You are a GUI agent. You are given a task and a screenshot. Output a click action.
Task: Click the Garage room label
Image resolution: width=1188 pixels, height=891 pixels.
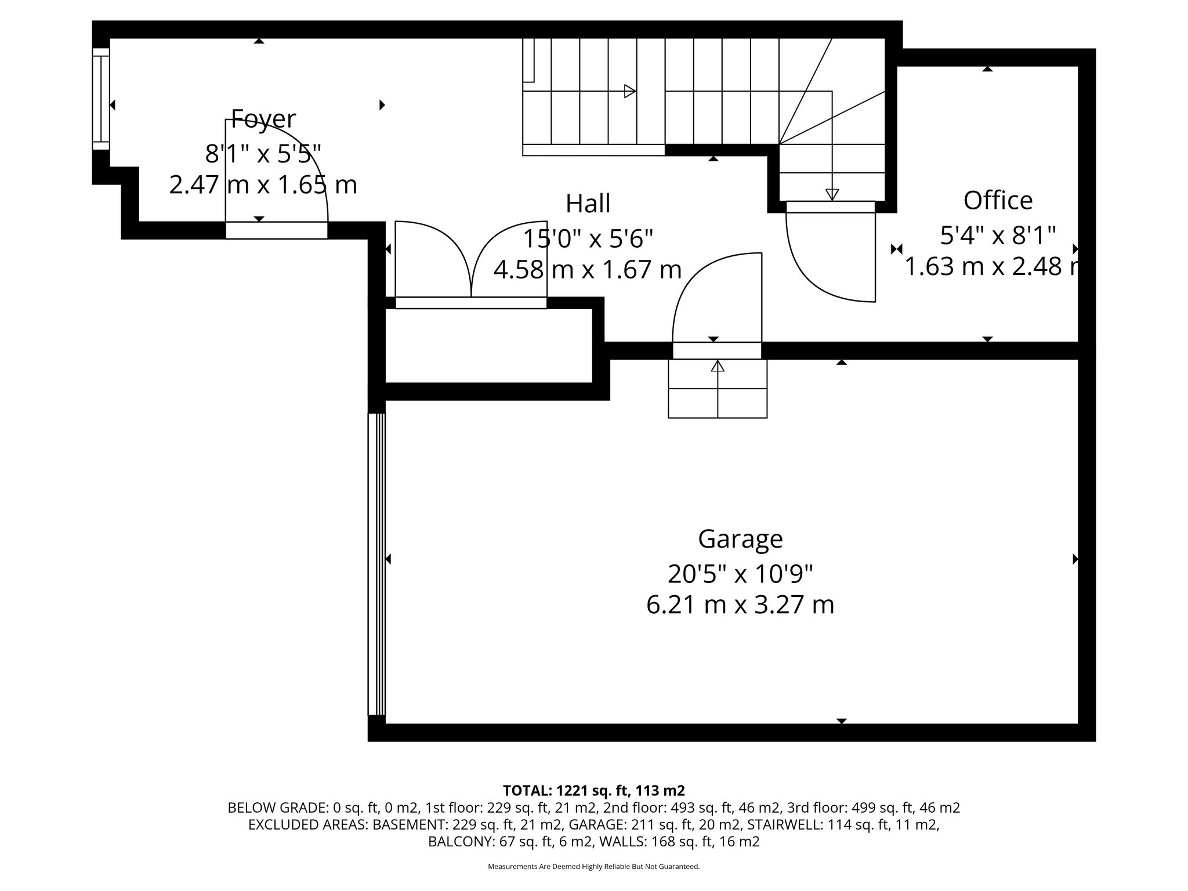click(740, 539)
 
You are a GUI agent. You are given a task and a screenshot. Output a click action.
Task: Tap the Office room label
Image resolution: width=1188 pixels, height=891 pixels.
click(998, 201)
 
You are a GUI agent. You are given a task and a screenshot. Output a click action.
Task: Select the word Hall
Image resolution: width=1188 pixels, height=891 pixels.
click(588, 204)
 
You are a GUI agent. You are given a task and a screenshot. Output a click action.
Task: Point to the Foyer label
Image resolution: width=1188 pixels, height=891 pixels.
click(263, 119)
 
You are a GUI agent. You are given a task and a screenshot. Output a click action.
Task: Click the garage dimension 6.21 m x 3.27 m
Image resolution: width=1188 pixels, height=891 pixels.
click(740, 605)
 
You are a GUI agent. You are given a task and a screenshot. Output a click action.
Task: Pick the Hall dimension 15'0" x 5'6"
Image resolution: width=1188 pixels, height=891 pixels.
click(588, 238)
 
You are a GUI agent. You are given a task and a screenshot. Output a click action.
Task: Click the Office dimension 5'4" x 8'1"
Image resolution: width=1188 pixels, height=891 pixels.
click(997, 236)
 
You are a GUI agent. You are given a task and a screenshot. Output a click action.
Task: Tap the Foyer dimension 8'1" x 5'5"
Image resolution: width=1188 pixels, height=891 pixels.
click(263, 154)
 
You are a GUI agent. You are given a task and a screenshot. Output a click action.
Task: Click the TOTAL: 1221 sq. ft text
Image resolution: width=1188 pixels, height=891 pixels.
click(593, 790)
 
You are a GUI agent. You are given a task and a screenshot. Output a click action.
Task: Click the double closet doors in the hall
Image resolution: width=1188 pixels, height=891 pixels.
click(471, 261)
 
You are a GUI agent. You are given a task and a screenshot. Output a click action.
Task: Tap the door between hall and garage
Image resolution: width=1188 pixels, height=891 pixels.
click(717, 302)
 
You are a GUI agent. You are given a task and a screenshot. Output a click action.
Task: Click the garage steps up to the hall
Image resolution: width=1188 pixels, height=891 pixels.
click(718, 388)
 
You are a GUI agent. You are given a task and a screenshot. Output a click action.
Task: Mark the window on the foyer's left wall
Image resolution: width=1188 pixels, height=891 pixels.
click(101, 99)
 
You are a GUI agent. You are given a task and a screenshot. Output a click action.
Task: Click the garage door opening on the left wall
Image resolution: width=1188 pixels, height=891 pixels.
click(376, 563)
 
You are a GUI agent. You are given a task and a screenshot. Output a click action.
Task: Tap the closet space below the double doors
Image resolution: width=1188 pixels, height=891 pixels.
click(488, 346)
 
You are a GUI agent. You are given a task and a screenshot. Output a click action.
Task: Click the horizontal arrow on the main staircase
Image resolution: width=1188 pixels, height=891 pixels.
click(629, 91)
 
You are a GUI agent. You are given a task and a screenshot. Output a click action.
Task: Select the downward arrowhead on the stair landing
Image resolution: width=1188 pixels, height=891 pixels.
click(832, 194)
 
